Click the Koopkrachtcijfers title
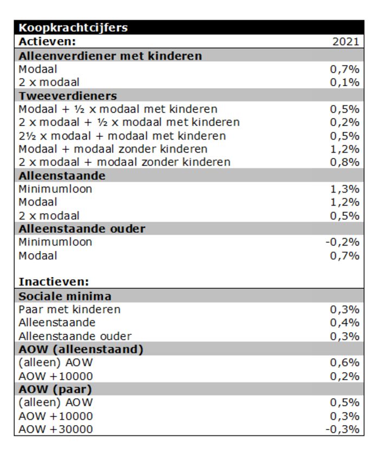73,28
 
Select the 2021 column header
346,42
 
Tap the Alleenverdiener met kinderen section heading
110,56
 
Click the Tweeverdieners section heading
68,96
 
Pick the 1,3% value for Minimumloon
345,189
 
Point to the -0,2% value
342,242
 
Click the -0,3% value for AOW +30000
342,429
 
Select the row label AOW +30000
55,429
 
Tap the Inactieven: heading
54,282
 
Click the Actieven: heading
47,42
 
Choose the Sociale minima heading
65,296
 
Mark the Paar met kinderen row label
69,309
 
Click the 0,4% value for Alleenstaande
345,322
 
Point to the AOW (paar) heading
55,389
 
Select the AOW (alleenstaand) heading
81,349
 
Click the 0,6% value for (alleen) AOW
345,363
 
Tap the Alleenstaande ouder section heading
82,229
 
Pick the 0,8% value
345,162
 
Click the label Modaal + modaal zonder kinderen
113,149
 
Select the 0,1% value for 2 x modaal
345,82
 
